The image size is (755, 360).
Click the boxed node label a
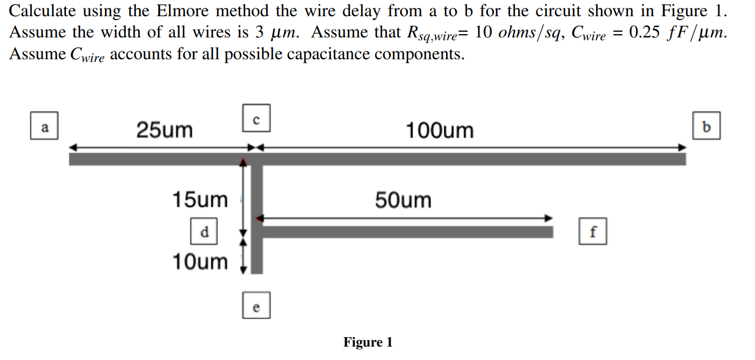pos(45,127)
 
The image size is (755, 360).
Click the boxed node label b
pos(706,126)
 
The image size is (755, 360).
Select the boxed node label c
pos(256,118)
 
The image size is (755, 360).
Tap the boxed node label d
pos(205,231)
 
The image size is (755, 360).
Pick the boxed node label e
pos(256,305)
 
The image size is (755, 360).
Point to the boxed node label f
pos(593,231)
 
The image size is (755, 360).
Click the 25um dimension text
pos(164,130)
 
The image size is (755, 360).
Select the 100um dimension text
pos(439,131)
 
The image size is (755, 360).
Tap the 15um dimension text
pos(200,200)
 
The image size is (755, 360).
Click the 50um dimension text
pos(403,200)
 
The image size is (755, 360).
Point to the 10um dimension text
pos(200,261)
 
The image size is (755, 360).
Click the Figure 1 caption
pos(368,342)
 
